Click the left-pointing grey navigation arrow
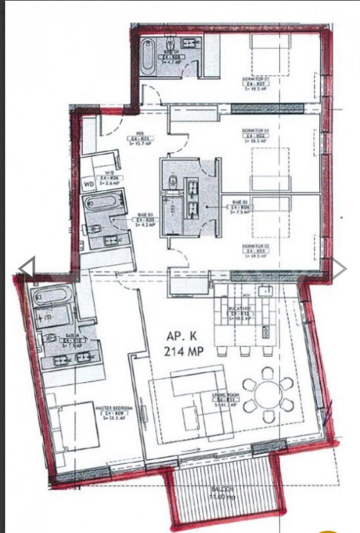point(26,268)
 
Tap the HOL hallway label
point(139,138)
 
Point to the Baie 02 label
point(239,205)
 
